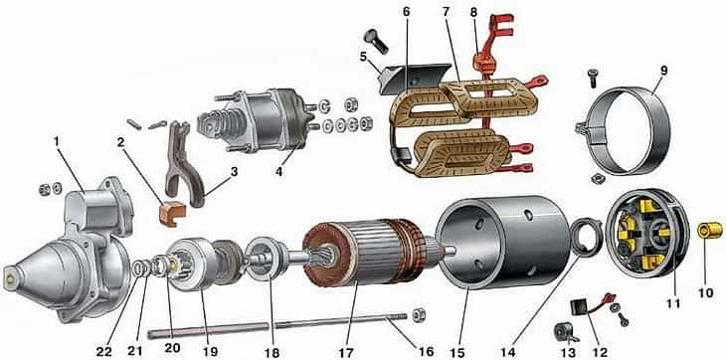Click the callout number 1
pyautogui.click(x=57, y=141)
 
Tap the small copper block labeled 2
pyautogui.click(x=172, y=213)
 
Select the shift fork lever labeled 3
pyautogui.click(x=182, y=164)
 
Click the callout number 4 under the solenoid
pyautogui.click(x=279, y=171)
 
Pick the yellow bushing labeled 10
pyautogui.click(x=710, y=230)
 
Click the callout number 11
pyautogui.click(x=672, y=303)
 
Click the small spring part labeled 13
pyautogui.click(x=566, y=333)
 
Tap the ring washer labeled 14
pyautogui.click(x=587, y=237)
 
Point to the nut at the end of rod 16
pyautogui.click(x=419, y=314)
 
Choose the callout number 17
pyautogui.click(x=346, y=353)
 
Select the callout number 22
pyautogui.click(x=104, y=352)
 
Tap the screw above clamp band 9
pyautogui.click(x=592, y=79)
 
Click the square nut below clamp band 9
pyautogui.click(x=597, y=178)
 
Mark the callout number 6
pyautogui.click(x=406, y=12)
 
